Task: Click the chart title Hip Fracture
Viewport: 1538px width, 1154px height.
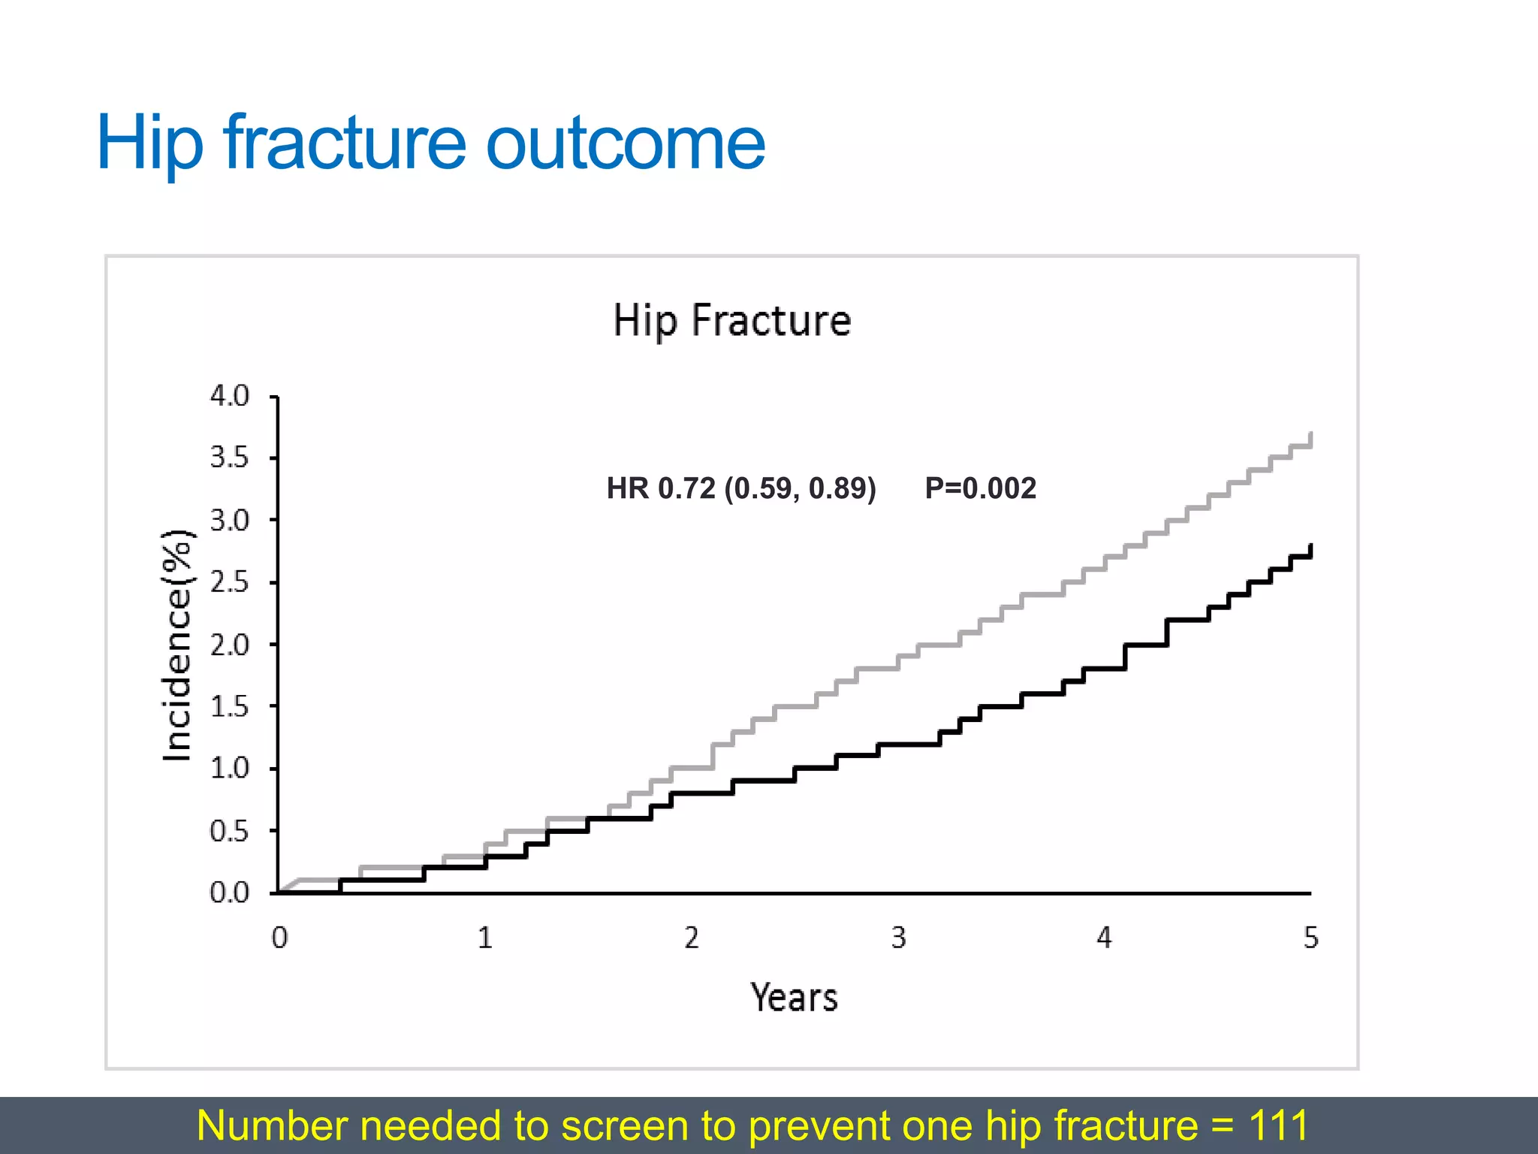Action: tap(732, 321)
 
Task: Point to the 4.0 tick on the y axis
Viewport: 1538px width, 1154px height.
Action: tap(229, 395)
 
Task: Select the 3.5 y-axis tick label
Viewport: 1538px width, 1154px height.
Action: tap(229, 457)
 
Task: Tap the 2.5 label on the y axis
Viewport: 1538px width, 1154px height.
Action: tap(229, 582)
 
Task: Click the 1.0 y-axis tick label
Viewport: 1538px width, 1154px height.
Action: tap(229, 769)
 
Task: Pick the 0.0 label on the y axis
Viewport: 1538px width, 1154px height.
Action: tap(229, 893)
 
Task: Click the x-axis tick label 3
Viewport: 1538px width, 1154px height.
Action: tap(898, 938)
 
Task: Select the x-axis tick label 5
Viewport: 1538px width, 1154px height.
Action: tap(1310, 938)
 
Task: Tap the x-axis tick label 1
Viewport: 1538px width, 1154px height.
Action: tap(485, 938)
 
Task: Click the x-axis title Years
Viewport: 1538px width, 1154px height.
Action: tap(794, 998)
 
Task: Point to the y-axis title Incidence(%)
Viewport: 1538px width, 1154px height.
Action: tap(178, 645)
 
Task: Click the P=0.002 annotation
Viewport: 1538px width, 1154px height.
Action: tap(980, 488)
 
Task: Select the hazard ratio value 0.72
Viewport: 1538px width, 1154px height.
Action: tap(686, 488)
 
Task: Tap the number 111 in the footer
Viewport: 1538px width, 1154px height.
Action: tap(1278, 1125)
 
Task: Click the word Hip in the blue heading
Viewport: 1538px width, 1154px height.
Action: tap(150, 143)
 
